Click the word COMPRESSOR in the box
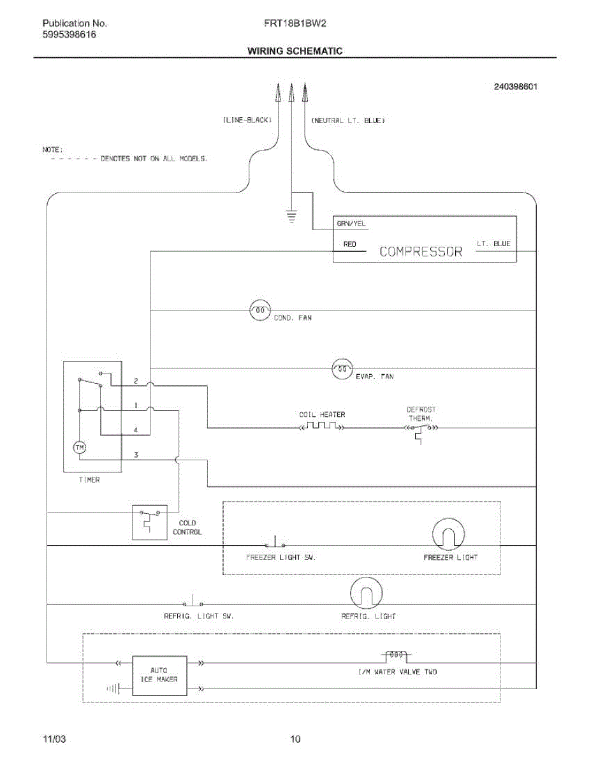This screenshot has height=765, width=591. tap(421, 251)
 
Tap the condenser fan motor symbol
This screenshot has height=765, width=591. tap(259, 310)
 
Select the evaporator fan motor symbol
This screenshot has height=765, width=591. tap(342, 369)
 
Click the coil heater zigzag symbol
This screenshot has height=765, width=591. tap(322, 425)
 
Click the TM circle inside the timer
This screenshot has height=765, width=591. tap(80, 448)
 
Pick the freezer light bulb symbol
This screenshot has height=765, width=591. tap(448, 534)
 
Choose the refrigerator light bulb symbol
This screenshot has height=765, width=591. tap(366, 594)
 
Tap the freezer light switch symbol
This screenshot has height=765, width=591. tap(275, 542)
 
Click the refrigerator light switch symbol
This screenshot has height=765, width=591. tap(193, 601)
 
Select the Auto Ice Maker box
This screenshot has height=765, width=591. tap(159, 676)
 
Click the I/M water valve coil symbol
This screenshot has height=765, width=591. tap(396, 655)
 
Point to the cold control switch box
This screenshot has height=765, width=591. tap(150, 523)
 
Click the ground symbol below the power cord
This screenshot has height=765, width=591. tap(291, 217)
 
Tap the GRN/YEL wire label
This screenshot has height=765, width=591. tap(351, 223)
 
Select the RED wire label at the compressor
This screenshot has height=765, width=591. tap(349, 244)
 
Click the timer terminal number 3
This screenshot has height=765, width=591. tap(136, 455)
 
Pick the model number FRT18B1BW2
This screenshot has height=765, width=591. tap(295, 23)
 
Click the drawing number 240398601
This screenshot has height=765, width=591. tap(516, 87)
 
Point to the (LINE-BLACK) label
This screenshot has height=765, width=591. tap(247, 120)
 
